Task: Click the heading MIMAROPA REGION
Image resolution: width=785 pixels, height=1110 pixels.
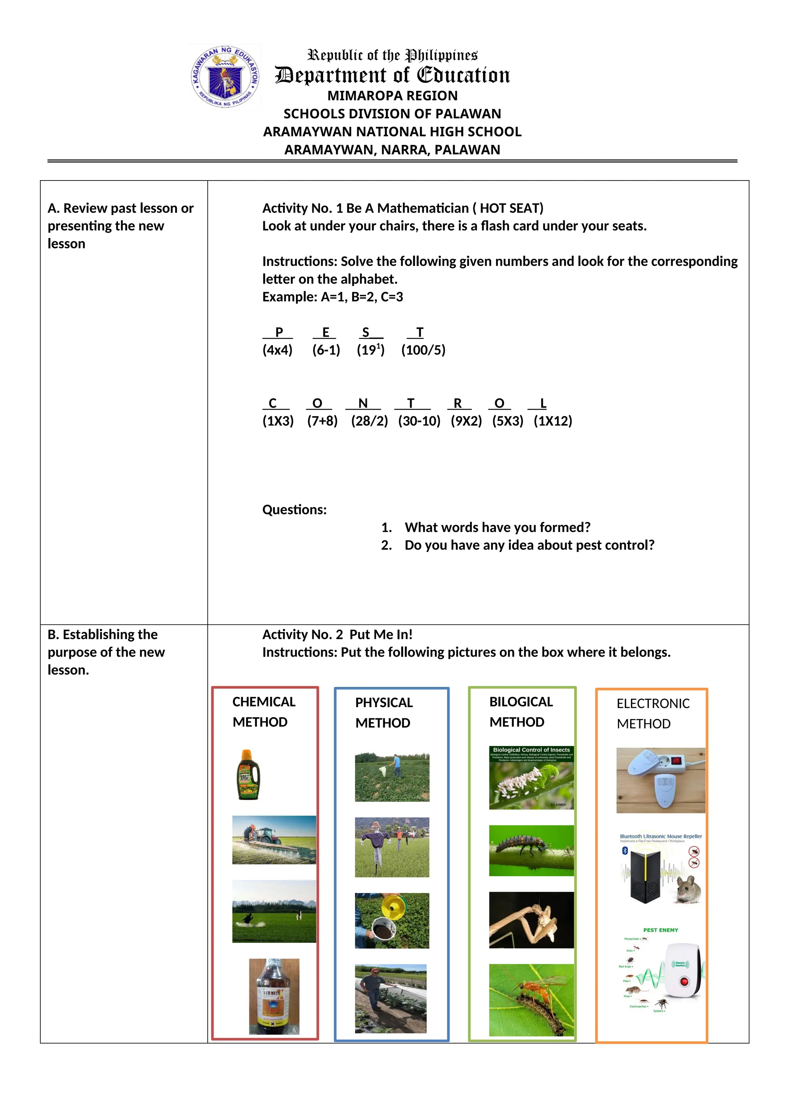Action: [392, 96]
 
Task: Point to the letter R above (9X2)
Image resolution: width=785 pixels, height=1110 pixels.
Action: [457, 403]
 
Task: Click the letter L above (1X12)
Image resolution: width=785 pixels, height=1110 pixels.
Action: [543, 403]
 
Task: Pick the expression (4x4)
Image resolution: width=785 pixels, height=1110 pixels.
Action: [277, 350]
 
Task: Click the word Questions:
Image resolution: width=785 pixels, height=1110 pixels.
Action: [294, 509]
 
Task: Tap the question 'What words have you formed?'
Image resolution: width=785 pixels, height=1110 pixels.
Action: [498, 527]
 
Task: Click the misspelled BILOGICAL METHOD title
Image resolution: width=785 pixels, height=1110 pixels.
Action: [521, 712]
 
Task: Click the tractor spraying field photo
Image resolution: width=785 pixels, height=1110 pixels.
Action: [274, 840]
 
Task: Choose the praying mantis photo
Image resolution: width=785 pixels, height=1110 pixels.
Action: [531, 920]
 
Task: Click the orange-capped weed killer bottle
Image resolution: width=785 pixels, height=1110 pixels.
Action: [248, 775]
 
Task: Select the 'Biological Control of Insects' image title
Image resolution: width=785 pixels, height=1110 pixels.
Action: [531, 750]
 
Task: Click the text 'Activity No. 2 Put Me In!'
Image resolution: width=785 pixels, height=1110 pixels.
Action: [337, 634]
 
